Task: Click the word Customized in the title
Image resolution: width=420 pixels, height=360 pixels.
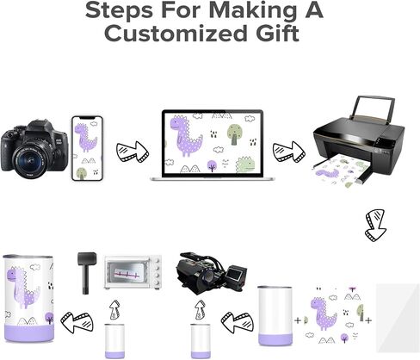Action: point(176,34)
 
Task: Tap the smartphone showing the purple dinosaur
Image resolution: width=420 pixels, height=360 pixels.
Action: point(87,148)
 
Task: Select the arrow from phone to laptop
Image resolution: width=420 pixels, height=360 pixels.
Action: point(133,152)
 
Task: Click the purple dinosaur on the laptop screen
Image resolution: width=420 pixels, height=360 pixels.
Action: point(185,135)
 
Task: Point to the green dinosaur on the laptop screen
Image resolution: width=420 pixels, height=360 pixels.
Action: point(245,164)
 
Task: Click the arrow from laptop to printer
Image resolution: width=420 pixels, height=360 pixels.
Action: point(289,152)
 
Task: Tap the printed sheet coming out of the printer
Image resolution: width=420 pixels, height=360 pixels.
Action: point(340,171)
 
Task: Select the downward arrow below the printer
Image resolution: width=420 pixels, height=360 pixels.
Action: point(375,226)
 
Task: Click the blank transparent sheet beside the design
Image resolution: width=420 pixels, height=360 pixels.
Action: point(398,318)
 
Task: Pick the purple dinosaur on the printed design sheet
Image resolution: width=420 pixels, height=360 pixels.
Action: point(323,313)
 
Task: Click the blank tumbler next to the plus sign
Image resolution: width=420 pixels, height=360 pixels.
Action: point(275,316)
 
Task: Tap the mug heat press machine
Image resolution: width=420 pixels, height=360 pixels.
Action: point(212,273)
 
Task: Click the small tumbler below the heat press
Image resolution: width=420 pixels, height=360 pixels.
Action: point(201,341)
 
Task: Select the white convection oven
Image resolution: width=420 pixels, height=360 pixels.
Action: point(133,273)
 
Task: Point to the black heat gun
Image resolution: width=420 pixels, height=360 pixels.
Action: point(86,272)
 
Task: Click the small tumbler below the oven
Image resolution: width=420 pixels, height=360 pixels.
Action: point(114,341)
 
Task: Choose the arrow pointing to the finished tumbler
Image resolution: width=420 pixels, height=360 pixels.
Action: point(77,321)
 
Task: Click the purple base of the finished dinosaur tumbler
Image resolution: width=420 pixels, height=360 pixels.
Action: point(29,333)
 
